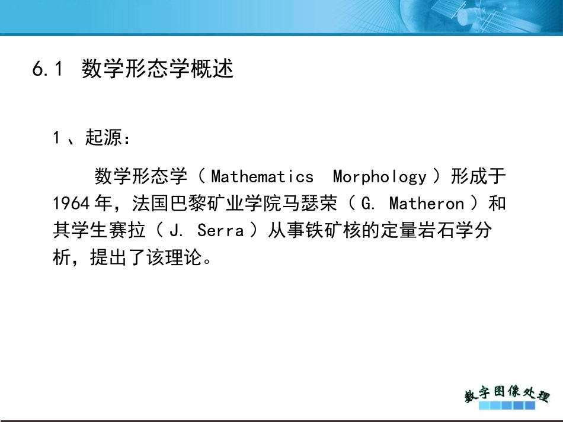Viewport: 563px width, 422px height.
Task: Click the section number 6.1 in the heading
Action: (x=47, y=70)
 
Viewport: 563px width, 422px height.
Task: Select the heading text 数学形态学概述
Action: (x=158, y=69)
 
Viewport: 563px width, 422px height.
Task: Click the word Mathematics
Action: (x=262, y=176)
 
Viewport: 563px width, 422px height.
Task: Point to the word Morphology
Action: (x=379, y=176)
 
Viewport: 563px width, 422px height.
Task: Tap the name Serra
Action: (x=220, y=230)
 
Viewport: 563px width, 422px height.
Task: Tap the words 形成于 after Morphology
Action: (x=478, y=176)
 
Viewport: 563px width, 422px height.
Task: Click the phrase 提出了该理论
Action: (x=145, y=257)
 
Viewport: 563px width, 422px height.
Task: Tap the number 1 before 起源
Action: (x=56, y=138)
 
